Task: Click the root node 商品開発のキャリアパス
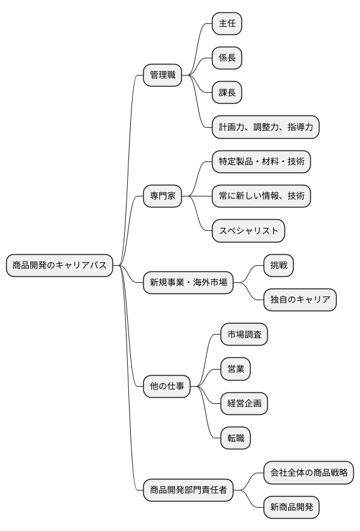[x=60, y=265]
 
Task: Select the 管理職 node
[x=163, y=76]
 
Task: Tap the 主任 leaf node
[x=227, y=24]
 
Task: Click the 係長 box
[x=227, y=58]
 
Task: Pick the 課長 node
[x=227, y=93]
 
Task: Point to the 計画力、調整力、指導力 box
[x=266, y=127]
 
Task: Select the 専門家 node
[x=163, y=196]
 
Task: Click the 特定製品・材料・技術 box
[x=261, y=162]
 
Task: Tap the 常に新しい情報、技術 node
[x=261, y=196]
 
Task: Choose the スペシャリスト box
[x=248, y=231]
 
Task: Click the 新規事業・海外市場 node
[x=188, y=283]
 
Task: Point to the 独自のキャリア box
[x=300, y=300]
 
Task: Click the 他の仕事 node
[x=166, y=386]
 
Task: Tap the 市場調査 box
[x=244, y=335]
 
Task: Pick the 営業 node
[x=235, y=369]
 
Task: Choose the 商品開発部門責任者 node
[x=188, y=490]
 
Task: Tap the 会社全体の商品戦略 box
[x=308, y=473]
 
